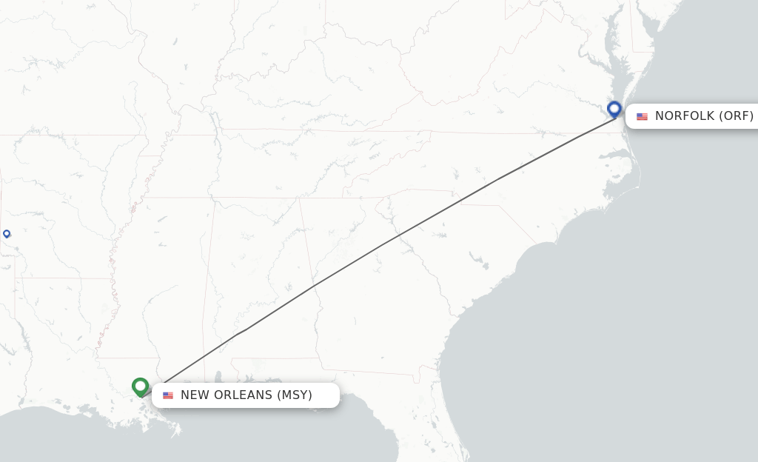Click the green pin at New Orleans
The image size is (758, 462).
point(140,386)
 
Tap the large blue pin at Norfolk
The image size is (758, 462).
point(614,109)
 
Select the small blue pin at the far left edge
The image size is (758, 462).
point(7,234)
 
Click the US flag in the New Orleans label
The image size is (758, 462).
point(168,395)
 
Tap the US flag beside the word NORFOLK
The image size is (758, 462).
point(642,116)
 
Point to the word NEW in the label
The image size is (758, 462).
point(195,395)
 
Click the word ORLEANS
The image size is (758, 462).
point(243,395)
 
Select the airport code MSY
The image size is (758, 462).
point(295,395)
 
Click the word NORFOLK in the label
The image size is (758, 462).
point(685,116)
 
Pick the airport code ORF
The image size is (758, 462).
point(737,116)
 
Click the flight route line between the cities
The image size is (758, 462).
point(385,242)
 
